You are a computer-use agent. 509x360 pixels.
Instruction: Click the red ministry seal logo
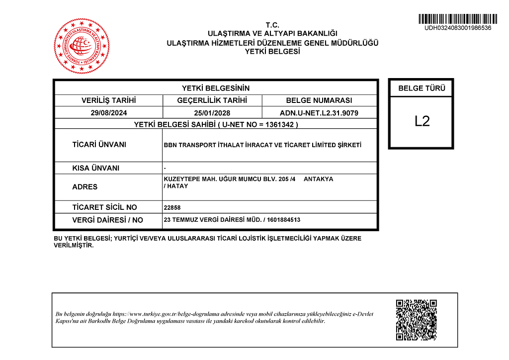pos(82,46)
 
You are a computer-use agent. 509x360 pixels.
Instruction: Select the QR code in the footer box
pos(416,320)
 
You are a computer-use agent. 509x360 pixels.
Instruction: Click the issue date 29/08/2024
pos(109,113)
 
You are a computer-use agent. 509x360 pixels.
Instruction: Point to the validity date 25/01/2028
pos(212,113)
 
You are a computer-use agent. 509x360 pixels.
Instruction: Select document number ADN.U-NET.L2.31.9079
pos(319,113)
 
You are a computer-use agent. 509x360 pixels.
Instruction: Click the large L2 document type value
pos(422,121)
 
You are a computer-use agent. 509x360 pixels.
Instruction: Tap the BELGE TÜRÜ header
pos(422,89)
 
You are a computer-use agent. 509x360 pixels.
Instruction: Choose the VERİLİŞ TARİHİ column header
pos(109,100)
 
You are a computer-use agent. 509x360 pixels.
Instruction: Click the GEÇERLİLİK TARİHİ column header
pos(212,100)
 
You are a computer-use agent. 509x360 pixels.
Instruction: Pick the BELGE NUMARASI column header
pos(319,100)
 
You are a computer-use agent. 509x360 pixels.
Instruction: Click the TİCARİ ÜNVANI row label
pos(99,145)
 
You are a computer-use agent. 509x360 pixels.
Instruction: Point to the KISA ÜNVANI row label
pos(96,168)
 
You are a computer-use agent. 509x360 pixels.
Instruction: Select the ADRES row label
pos(85,187)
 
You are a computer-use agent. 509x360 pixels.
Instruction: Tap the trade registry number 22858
pos(172,208)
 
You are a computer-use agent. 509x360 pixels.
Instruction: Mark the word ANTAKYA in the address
pos(318,179)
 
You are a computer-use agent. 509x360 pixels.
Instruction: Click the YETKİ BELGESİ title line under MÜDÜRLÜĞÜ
pos(272,51)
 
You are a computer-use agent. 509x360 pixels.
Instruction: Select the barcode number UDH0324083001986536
pos(457,28)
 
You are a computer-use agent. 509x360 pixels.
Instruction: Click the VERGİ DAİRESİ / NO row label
pos(107,220)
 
